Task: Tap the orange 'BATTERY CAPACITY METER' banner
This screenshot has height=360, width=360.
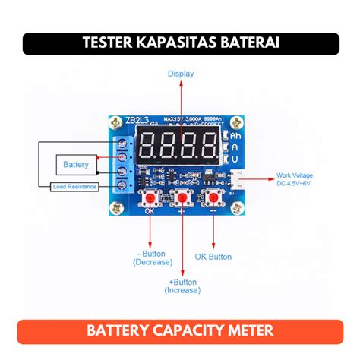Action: pyautogui.click(x=180, y=332)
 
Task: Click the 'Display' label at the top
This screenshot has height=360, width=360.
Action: pyautogui.click(x=180, y=74)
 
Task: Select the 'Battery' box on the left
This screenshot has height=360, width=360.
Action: pyautogui.click(x=75, y=164)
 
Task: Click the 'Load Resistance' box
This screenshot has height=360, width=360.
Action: pyautogui.click(x=74, y=187)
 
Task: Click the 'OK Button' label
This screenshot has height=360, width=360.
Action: pyautogui.click(x=213, y=257)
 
